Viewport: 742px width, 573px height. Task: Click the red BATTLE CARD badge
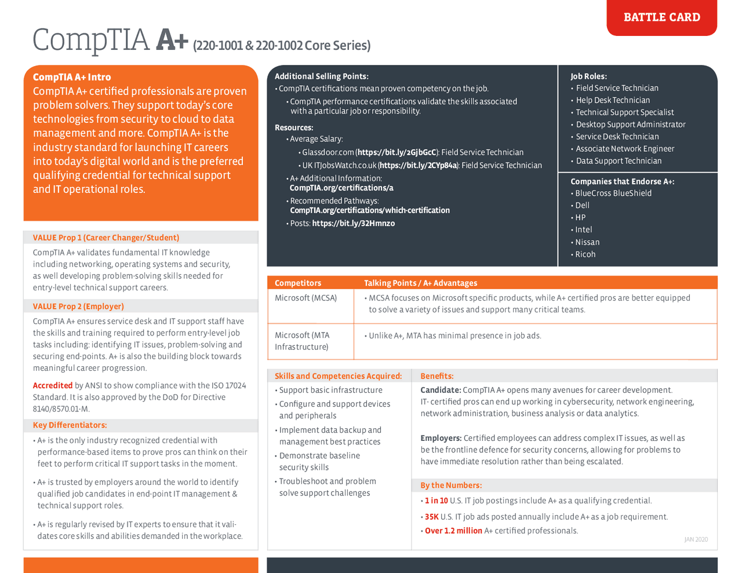point(661,17)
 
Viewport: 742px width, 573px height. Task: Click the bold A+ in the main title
point(172,41)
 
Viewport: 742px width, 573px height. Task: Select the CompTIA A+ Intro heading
point(72,77)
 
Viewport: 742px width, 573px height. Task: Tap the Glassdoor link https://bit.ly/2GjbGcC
point(397,152)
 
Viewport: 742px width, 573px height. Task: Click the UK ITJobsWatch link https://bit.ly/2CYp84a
point(418,166)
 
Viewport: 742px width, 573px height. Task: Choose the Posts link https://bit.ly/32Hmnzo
point(353,223)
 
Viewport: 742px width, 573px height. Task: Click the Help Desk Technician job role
point(613,100)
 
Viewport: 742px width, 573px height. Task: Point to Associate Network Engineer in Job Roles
point(625,149)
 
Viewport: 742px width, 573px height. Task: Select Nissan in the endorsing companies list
point(587,242)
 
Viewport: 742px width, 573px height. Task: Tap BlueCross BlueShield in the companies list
point(613,194)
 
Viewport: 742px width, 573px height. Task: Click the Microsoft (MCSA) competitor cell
point(305,298)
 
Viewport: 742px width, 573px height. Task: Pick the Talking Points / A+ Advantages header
point(420,283)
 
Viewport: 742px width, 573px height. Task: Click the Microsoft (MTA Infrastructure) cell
point(303,341)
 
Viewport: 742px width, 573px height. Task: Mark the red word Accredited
point(53,385)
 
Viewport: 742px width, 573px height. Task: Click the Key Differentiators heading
point(70,425)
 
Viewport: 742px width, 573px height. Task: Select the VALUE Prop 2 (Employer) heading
point(78,306)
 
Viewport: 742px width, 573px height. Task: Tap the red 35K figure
point(431,517)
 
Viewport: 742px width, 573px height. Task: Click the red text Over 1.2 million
point(453,531)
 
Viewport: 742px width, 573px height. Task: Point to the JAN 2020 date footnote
point(696,539)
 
